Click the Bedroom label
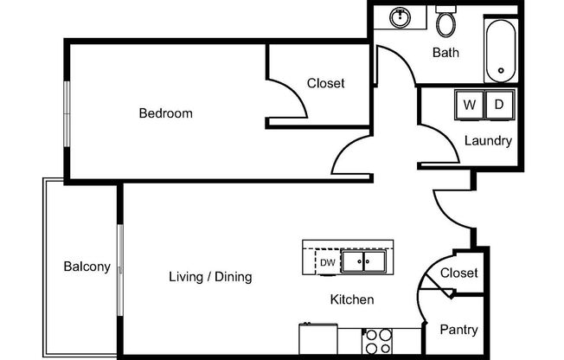[165, 113]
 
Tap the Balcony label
[87, 267]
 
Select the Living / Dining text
[209, 278]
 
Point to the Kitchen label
[352, 299]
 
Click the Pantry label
[458, 330]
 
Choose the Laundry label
[488, 141]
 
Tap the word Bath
[445, 53]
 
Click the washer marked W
[470, 105]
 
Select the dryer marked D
[498, 105]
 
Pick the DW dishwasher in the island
[327, 262]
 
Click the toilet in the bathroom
[446, 22]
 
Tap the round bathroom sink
[401, 17]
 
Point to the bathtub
[500, 48]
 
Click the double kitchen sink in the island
[363, 261]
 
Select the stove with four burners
[376, 341]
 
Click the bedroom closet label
[326, 84]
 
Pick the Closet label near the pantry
[458, 273]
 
